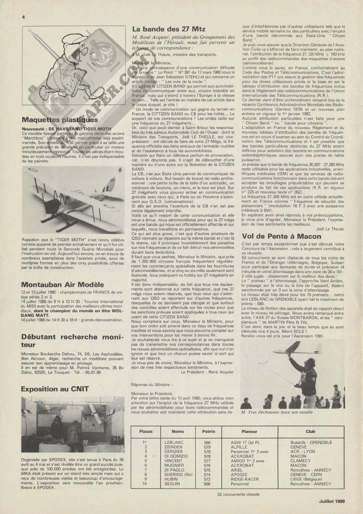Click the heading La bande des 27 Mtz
tap(169, 29)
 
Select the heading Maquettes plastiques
tap(60, 120)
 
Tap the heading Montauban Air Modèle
tap(62, 285)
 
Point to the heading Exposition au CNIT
tap(55, 389)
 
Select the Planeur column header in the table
tap(249, 431)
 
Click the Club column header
tap(310, 431)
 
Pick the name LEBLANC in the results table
tap(174, 442)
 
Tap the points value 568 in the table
tap(207, 484)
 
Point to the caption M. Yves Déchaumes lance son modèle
tap(277, 412)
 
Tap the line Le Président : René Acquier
tap(207, 372)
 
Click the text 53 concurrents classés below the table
tap(238, 495)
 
